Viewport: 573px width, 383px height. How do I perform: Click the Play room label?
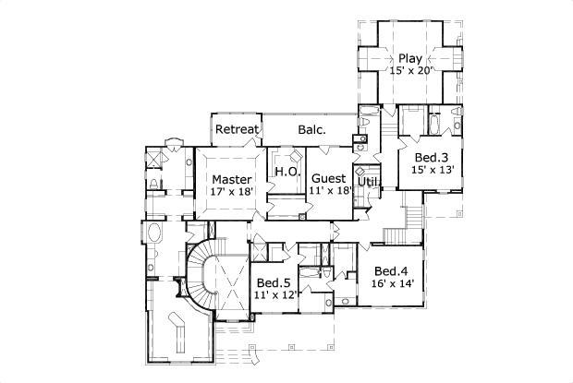[410, 59]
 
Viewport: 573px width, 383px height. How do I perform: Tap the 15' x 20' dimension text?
[410, 71]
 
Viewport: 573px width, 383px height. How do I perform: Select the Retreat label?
[237, 129]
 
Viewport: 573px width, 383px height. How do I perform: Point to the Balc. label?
[311, 130]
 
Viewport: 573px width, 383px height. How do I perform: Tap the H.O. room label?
[284, 173]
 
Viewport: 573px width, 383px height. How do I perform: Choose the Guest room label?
[329, 178]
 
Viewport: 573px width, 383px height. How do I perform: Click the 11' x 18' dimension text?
[329, 191]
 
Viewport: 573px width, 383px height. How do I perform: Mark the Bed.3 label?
[431, 159]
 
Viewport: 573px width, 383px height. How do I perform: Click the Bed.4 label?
[391, 270]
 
